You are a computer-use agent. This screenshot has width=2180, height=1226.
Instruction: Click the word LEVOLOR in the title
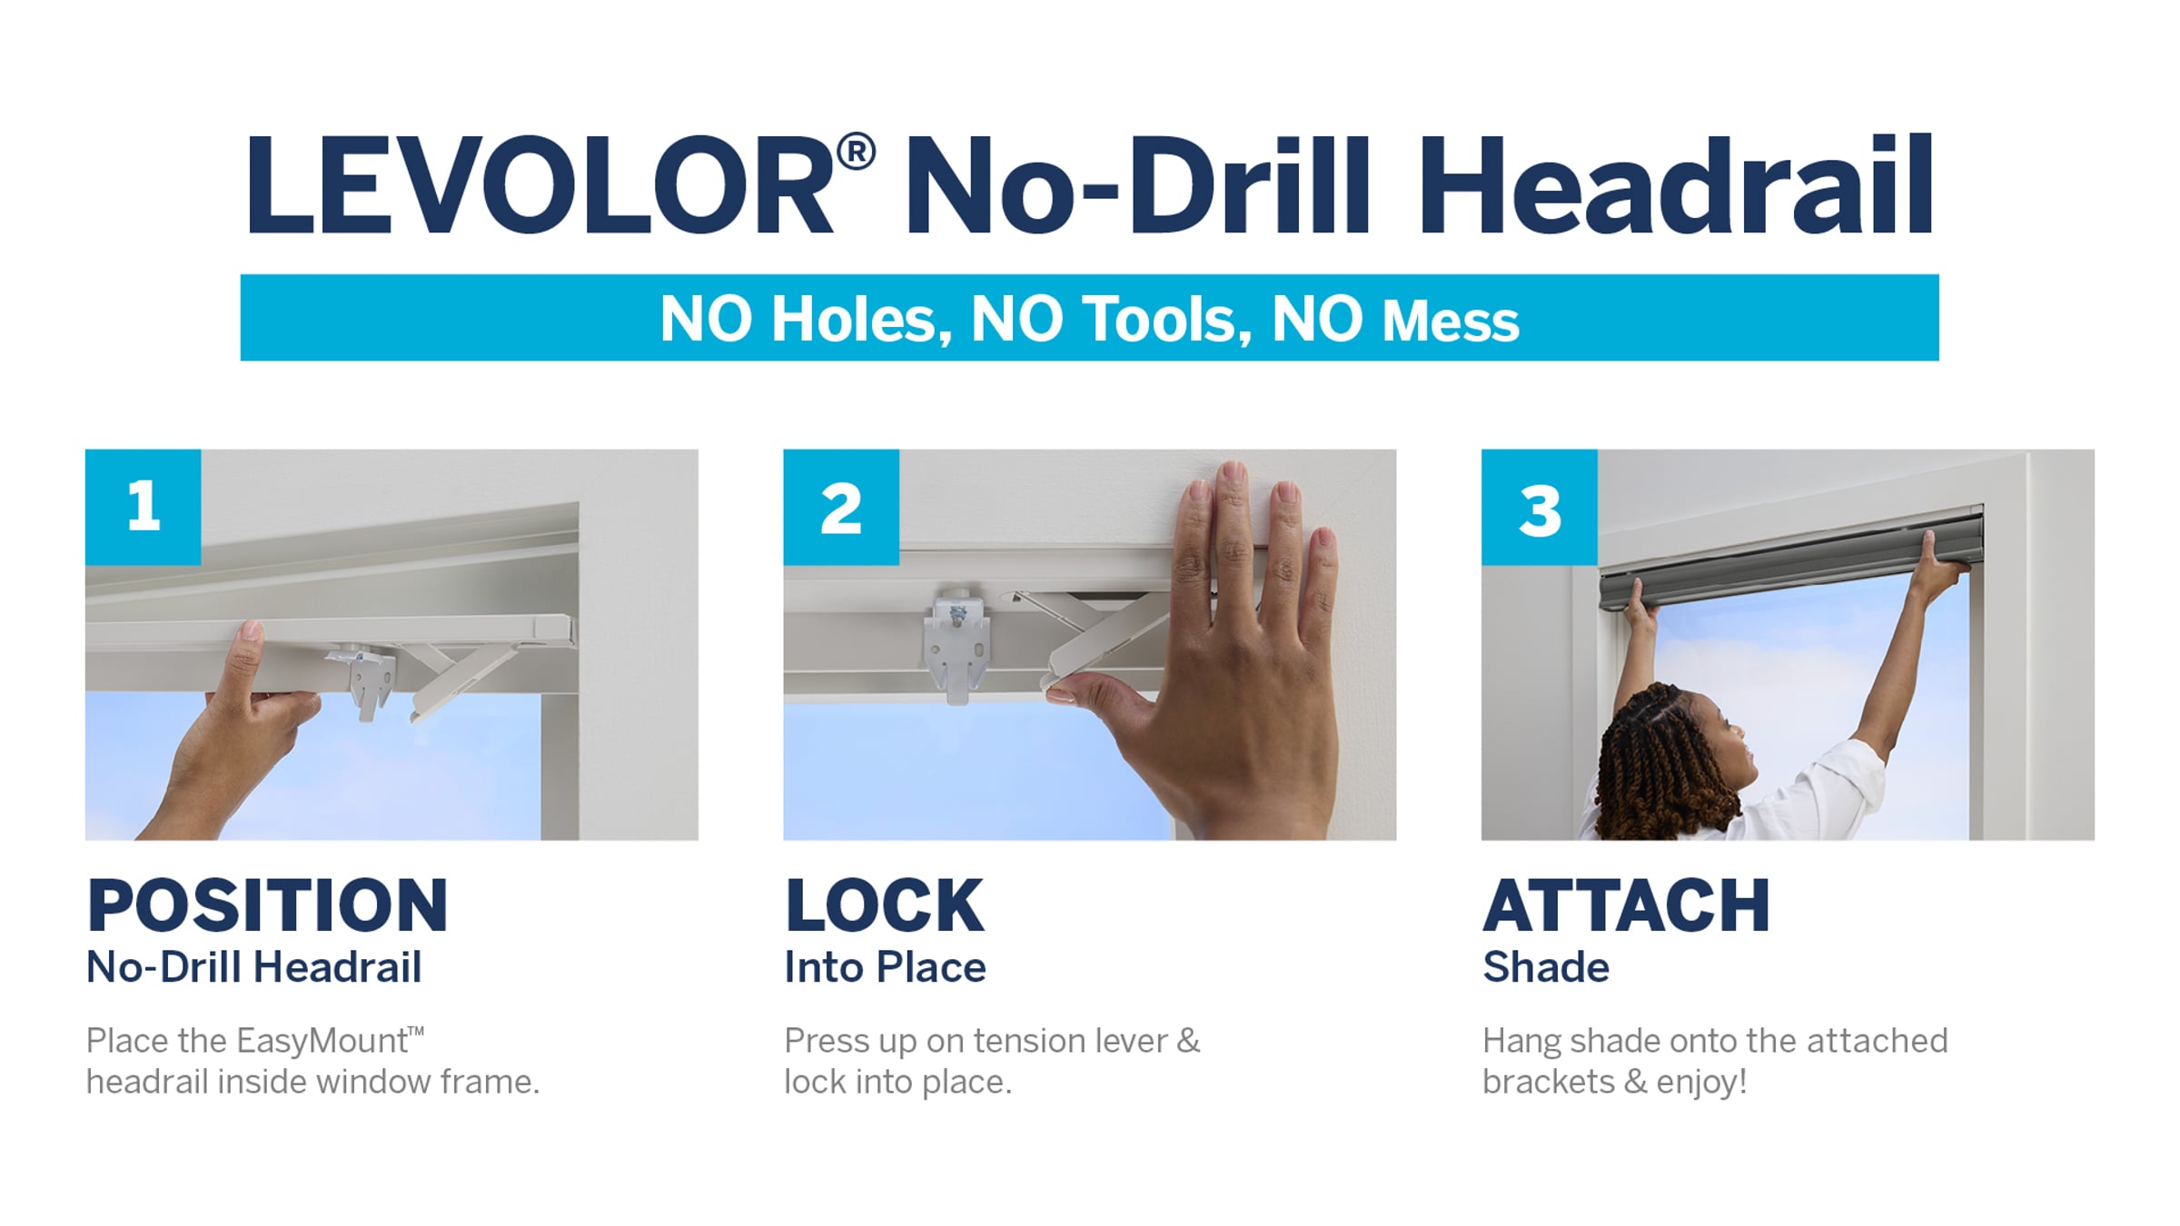(x=540, y=186)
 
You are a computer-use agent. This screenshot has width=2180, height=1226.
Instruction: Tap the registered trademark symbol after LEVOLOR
(x=856, y=151)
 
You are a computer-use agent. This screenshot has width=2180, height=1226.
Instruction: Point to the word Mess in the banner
(x=1450, y=321)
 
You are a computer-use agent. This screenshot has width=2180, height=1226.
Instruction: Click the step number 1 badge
(x=144, y=507)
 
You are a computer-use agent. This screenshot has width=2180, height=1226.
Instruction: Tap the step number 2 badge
(x=841, y=507)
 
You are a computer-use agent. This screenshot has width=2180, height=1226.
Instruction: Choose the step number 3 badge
(x=1540, y=507)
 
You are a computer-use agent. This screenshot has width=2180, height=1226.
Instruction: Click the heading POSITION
(x=268, y=905)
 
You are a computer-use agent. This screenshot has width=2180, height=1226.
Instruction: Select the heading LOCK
(x=885, y=905)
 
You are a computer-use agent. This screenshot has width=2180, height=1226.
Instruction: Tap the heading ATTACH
(x=1626, y=905)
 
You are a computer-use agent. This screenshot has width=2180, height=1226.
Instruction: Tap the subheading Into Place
(x=885, y=967)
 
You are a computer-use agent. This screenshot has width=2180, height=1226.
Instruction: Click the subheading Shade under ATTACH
(x=1546, y=967)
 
